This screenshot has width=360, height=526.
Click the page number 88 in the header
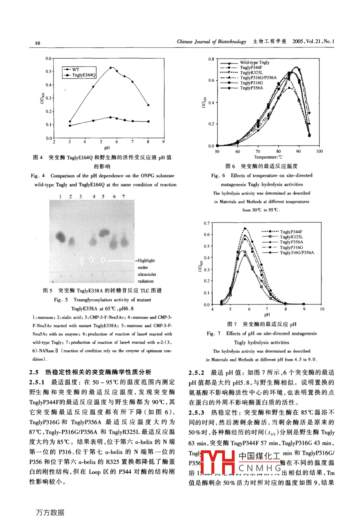[x=37, y=43]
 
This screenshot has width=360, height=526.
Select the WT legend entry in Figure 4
[x=76, y=69]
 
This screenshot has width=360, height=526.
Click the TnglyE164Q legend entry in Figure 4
[x=84, y=75]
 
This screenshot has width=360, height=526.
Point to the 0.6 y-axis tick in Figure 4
[x=48, y=58]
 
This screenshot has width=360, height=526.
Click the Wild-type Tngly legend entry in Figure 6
[x=254, y=63]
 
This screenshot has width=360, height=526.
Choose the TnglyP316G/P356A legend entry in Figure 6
[x=258, y=78]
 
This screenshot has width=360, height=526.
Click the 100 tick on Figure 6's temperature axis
[x=319, y=151]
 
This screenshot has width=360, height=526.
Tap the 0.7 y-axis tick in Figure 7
[x=206, y=223]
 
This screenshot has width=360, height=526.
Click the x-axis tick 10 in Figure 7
[x=322, y=309]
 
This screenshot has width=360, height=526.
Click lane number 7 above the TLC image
[x=123, y=196]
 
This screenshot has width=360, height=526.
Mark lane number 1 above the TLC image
[x=60, y=196]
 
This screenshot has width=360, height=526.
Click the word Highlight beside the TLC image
[x=146, y=261]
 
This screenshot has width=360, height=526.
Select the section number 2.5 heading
[x=34, y=372]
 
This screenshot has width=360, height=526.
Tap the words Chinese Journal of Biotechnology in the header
[x=211, y=41]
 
